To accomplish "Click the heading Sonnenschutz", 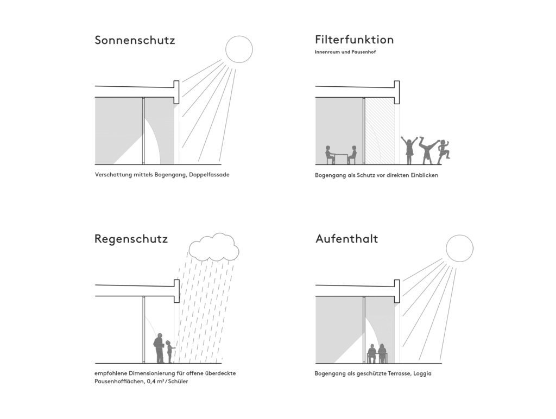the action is pyautogui.click(x=135, y=40).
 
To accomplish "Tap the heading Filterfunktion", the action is pyautogui.click(x=354, y=39).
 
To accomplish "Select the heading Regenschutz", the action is pyautogui.click(x=131, y=239).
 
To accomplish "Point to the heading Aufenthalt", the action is pyautogui.click(x=346, y=239).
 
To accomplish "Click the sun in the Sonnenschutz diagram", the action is pyautogui.click(x=239, y=49).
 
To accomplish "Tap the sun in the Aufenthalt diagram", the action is pyautogui.click(x=459, y=248).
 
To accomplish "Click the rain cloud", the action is pyautogui.click(x=214, y=246).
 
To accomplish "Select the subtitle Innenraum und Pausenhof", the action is pyautogui.click(x=345, y=52).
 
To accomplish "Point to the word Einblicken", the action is pyautogui.click(x=425, y=175).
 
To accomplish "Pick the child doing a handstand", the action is pyautogui.click(x=428, y=150).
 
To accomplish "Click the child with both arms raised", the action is pyautogui.click(x=409, y=150).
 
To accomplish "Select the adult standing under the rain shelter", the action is pyautogui.click(x=159, y=348).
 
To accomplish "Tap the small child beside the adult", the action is pyautogui.click(x=169, y=352).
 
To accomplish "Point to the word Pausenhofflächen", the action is pyautogui.click(x=119, y=382).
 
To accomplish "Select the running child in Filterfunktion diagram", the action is pyautogui.click(x=444, y=152).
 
